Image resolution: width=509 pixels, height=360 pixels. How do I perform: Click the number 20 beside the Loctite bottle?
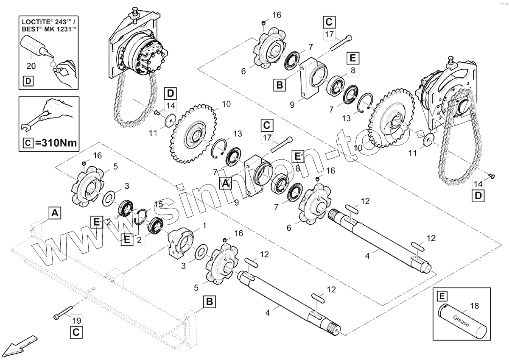pos(31,66)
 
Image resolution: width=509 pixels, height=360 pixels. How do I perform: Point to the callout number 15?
pos(158,204)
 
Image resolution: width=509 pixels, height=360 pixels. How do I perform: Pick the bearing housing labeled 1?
pos(180,243)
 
